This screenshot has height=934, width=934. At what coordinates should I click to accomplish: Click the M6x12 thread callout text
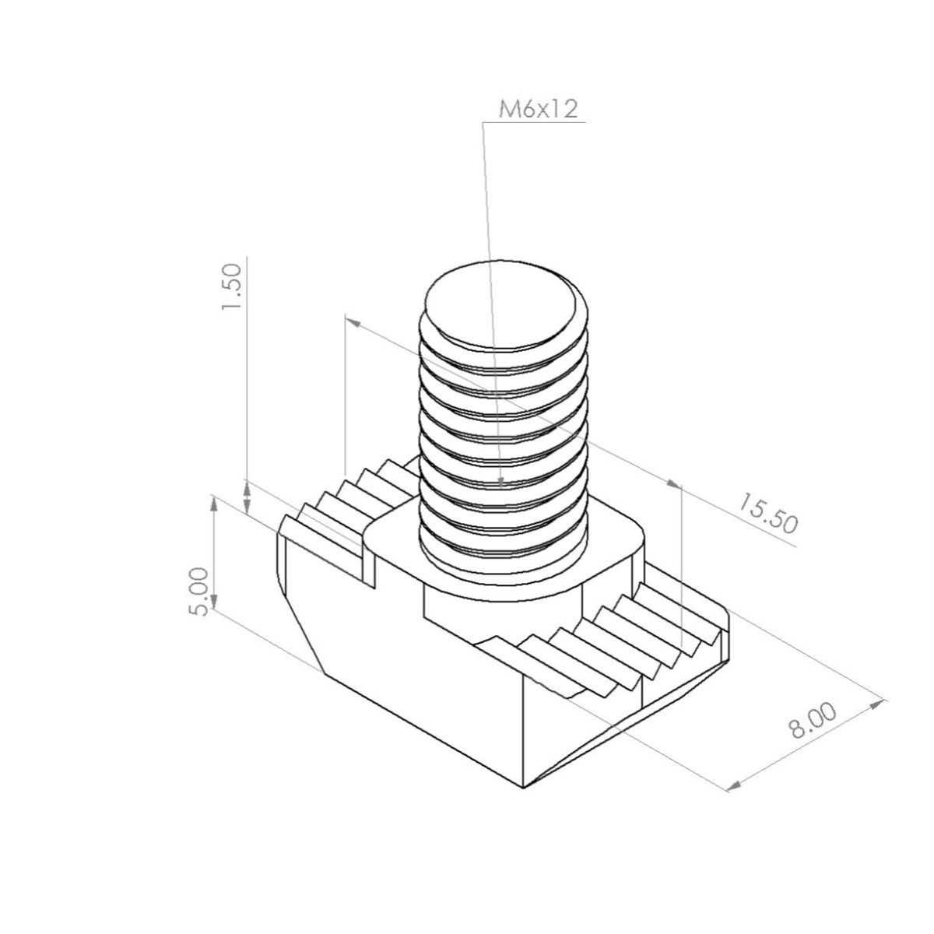click(538, 110)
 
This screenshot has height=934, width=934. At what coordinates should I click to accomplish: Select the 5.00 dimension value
click(198, 592)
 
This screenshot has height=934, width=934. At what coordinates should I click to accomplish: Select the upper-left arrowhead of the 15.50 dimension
click(353, 323)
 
